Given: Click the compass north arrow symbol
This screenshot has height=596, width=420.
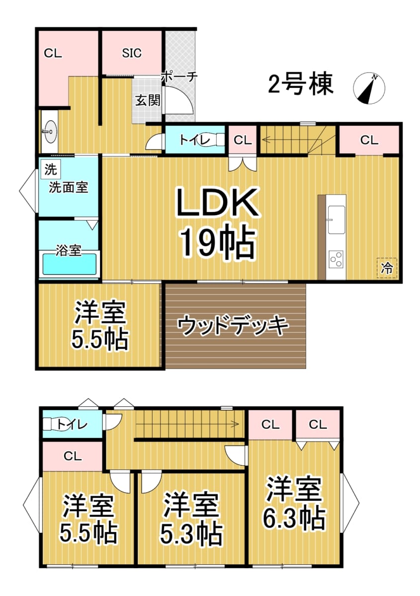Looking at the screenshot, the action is [369, 88].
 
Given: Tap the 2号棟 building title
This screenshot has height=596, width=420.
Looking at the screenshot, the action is [300, 84].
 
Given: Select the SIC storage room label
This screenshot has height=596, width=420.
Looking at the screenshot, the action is [132, 53].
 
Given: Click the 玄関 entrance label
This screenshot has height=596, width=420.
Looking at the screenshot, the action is [148, 100].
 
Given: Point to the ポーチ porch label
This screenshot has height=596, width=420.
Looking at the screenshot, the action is [179, 77].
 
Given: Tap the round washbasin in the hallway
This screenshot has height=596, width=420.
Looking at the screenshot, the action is [50, 132].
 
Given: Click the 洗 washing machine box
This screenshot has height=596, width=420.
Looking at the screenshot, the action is [51, 169].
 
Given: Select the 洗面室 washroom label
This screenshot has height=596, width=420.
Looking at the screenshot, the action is [68, 187].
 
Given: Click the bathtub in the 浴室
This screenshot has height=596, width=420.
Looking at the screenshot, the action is [69, 264].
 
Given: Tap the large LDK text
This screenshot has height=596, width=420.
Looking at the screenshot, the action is [217, 203].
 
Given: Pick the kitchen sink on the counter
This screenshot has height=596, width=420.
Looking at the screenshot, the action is [336, 220].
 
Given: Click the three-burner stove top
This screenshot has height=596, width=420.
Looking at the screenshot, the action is [336, 259].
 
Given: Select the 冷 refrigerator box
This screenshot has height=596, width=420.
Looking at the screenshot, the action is [387, 268].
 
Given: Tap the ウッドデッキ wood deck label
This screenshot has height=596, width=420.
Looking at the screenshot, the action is [233, 325].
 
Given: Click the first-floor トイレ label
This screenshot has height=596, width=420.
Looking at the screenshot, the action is [195, 140].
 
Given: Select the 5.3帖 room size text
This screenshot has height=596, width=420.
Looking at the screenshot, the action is [191, 533].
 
